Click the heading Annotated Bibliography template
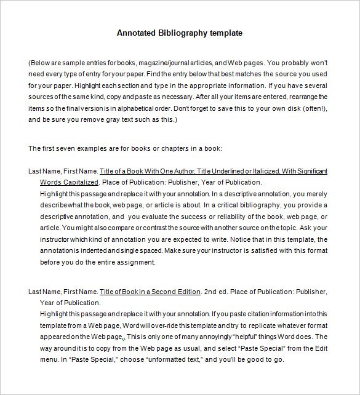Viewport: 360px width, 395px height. pyautogui.click(x=180, y=33)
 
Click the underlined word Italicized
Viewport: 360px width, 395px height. pyautogui.click(x=250, y=171)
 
